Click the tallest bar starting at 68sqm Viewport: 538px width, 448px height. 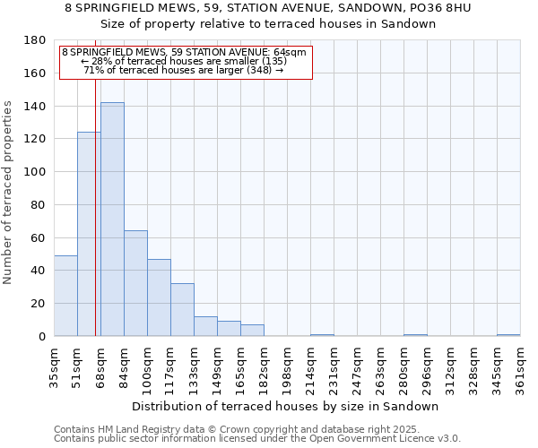tap(112, 220)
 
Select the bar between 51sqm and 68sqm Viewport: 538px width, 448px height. tap(89, 234)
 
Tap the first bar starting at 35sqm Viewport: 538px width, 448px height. tap(65, 296)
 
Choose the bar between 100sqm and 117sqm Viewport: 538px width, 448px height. tap(159, 297)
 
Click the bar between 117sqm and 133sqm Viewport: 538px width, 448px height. tap(182, 310)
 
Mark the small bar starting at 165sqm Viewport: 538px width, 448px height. tap(252, 331)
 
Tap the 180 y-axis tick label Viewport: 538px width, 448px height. tap(37, 40)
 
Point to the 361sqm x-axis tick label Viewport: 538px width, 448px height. tap(520, 368)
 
